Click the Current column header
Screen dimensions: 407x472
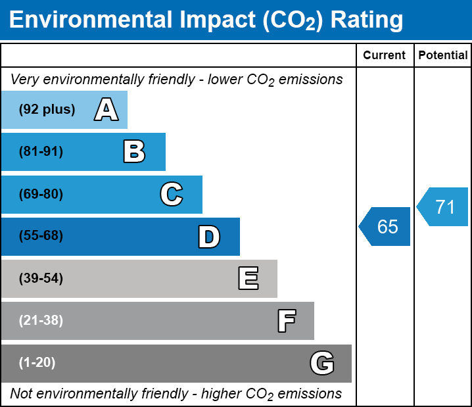click(385, 56)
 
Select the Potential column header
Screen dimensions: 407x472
click(443, 56)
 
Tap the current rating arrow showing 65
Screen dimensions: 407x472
click(386, 227)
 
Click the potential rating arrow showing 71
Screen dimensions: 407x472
click(444, 207)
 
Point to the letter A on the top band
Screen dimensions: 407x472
click(106, 110)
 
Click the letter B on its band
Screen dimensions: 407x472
click(134, 152)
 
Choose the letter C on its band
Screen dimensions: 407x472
click(171, 194)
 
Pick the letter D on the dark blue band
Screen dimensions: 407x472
click(209, 237)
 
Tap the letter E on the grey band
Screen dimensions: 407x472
click(248, 279)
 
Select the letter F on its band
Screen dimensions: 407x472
click(286, 321)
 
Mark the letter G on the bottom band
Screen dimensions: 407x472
click(322, 363)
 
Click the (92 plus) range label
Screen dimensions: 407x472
click(47, 110)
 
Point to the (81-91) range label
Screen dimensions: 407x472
click(41, 152)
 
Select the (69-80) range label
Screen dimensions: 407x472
click(41, 194)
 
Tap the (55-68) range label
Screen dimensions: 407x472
click(41, 236)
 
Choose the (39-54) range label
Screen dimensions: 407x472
click(41, 279)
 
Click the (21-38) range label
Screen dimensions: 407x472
click(41, 321)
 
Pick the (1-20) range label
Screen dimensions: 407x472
click(37, 363)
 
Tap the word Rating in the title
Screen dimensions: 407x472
click(367, 20)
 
